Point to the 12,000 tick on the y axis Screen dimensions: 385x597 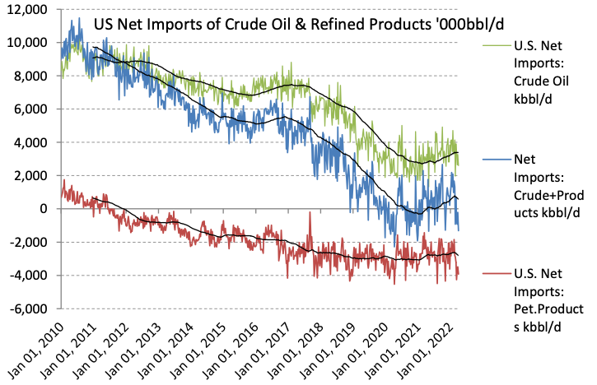[x=27, y=9]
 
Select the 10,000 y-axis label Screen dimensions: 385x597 [x=27, y=42]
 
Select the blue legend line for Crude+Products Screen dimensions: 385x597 [x=490, y=158]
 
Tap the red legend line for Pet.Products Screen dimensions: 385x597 [x=490, y=276]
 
